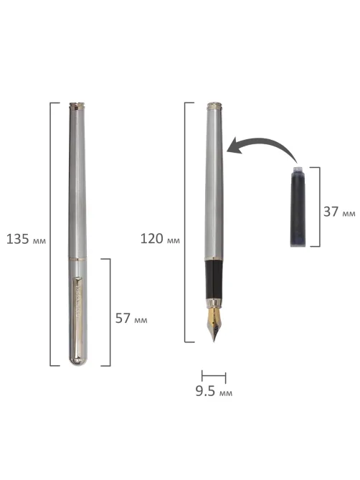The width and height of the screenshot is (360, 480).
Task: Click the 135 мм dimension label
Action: point(26,239)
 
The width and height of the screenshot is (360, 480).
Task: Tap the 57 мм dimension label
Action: point(131,319)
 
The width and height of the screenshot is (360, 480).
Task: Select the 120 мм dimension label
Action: point(160,238)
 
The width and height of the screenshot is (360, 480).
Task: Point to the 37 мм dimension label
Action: point(339,212)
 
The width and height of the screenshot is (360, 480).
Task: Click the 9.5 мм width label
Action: point(214,392)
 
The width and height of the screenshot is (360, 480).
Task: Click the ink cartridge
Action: point(298,207)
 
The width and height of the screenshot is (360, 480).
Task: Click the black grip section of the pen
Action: point(214,280)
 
